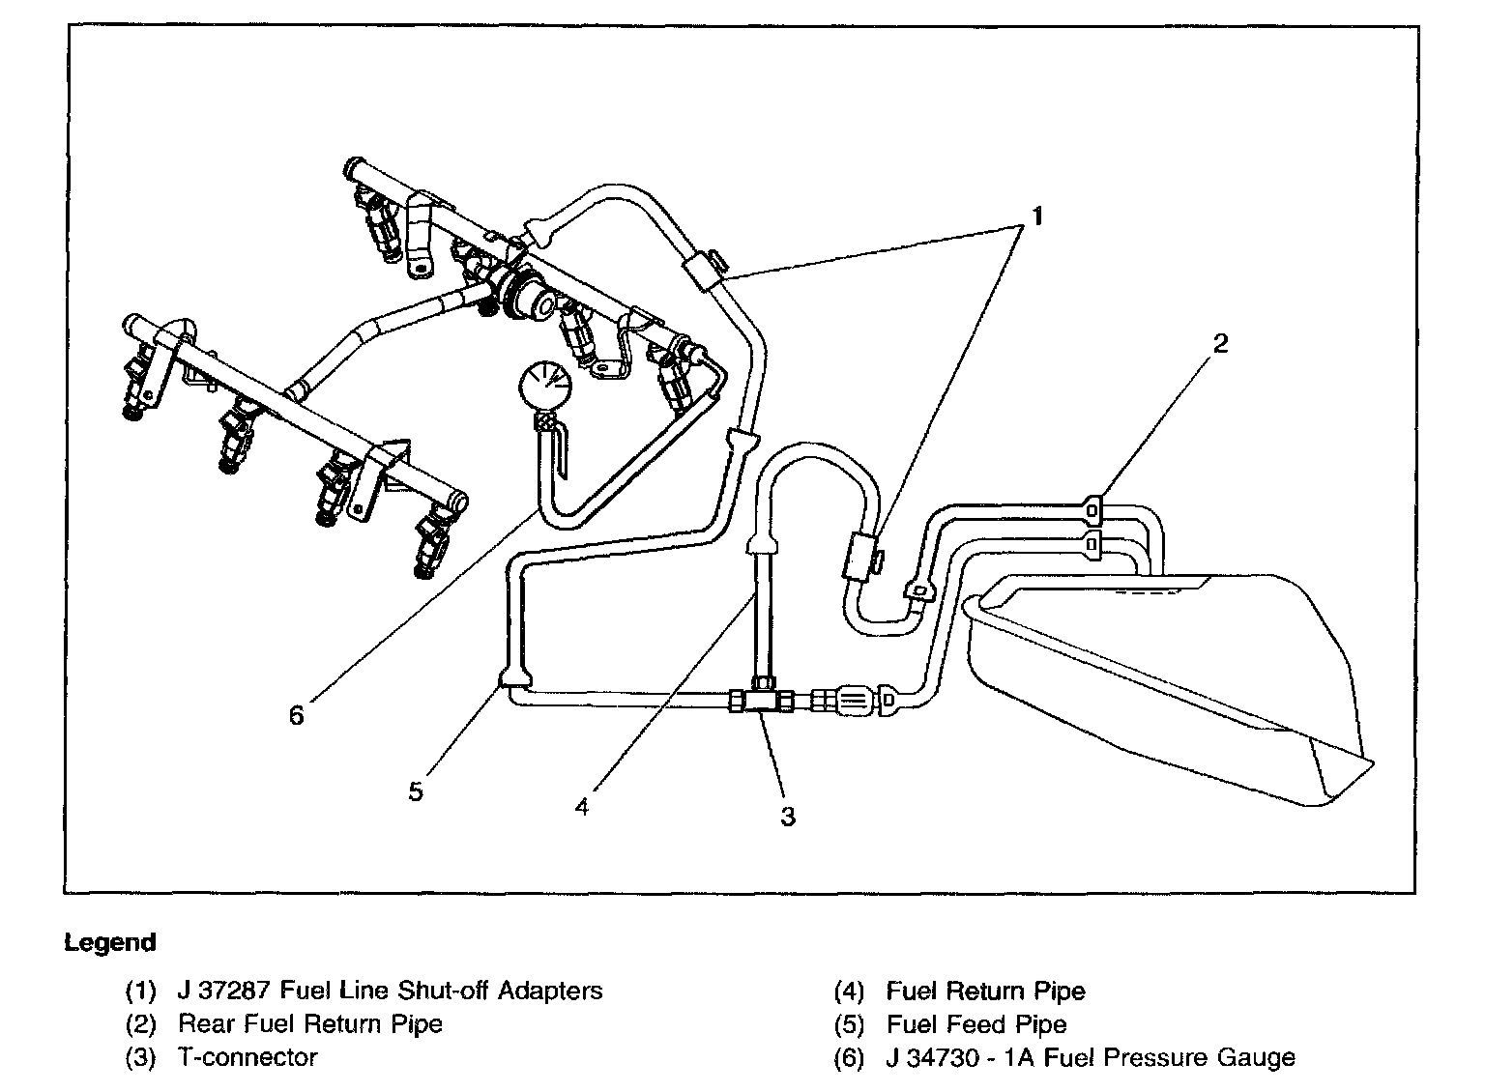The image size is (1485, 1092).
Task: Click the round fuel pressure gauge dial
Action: (542, 386)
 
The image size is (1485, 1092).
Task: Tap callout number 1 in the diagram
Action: (1036, 216)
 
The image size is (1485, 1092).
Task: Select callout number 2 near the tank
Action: (1220, 343)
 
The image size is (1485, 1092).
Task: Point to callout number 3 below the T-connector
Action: (788, 817)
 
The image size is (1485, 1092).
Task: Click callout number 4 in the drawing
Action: (581, 807)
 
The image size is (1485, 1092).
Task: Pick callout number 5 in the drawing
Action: (416, 791)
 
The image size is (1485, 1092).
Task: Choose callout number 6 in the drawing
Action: (296, 715)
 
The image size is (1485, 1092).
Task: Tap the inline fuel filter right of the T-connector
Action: (852, 699)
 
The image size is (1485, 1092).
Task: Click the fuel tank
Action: (1160, 676)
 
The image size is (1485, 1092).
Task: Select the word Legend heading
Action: (109, 942)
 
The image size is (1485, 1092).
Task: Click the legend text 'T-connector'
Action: (247, 1057)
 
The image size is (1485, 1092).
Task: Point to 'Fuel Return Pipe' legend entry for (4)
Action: (985, 991)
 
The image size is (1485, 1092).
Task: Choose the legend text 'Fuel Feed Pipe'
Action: (976, 1024)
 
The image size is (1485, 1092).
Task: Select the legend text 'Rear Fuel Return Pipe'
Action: (310, 1024)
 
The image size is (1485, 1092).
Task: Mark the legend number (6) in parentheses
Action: (848, 1057)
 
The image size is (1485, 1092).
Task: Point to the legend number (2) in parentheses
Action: (140, 1024)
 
